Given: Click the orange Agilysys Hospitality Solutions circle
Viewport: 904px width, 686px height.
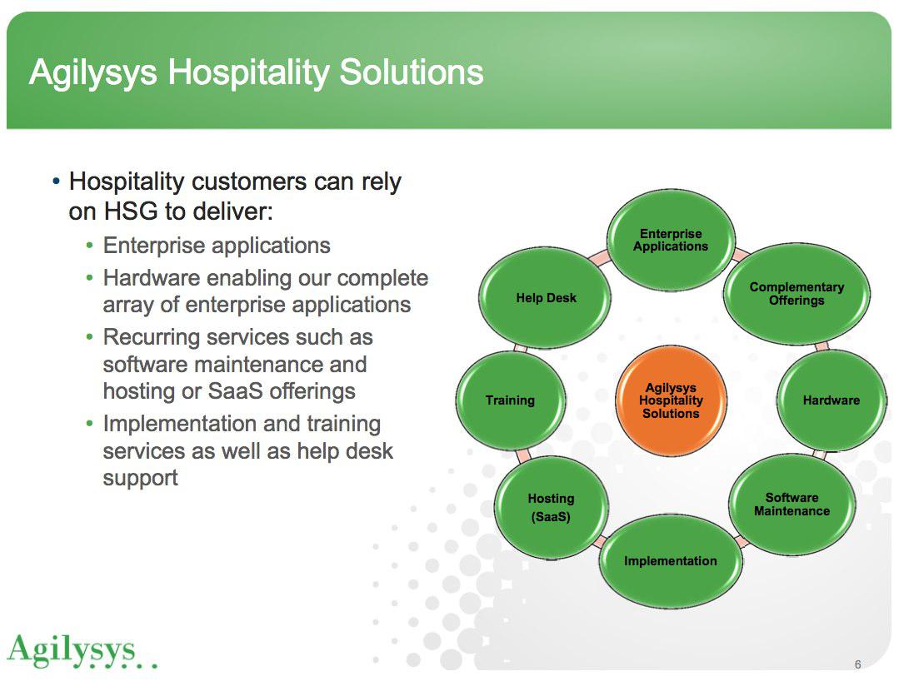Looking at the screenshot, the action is click(671, 400).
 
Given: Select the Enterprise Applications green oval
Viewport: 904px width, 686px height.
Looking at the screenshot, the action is click(671, 240).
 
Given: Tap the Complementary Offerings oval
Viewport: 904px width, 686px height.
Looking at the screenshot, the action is click(797, 294).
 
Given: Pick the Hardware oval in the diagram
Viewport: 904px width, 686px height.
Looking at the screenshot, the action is click(831, 400).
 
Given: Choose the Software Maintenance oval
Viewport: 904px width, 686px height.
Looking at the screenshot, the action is click(792, 505).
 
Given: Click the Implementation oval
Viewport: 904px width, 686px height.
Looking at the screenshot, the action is click(670, 561).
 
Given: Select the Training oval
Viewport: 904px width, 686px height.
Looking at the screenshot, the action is click(510, 400).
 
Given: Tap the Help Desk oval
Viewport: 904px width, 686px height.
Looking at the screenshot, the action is click(546, 298).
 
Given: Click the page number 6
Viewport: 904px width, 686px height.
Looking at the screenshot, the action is click(857, 664).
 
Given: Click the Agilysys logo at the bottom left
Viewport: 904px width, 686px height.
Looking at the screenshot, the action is click(81, 651).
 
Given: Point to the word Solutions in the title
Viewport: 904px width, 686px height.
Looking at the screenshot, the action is click(411, 72).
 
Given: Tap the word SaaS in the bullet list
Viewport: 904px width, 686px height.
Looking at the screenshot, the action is click(235, 391).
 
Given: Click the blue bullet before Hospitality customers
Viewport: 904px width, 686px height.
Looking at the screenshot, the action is click(56, 181).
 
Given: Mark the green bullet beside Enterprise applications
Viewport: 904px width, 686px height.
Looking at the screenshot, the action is click(89, 246).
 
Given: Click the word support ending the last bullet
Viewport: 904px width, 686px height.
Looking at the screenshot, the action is click(140, 479).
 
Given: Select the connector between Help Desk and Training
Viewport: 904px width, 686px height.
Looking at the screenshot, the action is click(520, 349).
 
